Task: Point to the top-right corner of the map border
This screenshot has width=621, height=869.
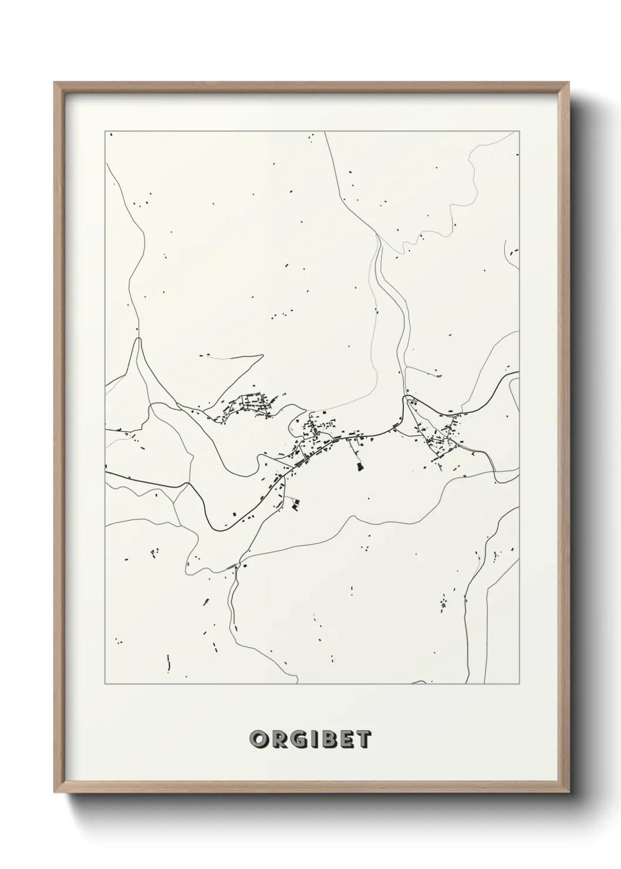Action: click(519, 132)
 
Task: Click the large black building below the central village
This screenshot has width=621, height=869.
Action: click(359, 467)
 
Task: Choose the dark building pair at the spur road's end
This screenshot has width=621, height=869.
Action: click(296, 503)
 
